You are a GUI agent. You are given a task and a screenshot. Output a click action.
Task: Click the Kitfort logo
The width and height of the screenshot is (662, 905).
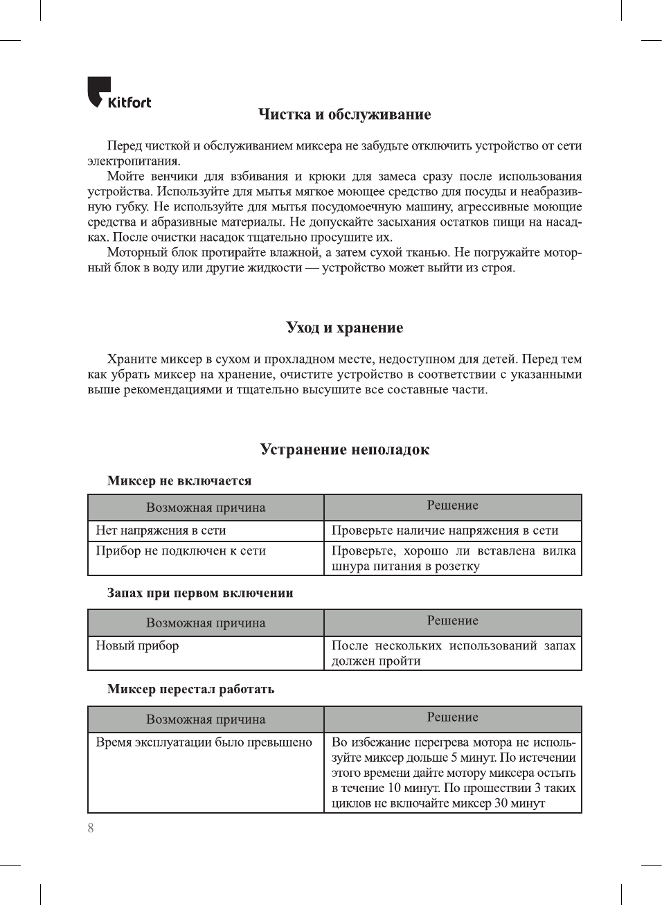point(118,93)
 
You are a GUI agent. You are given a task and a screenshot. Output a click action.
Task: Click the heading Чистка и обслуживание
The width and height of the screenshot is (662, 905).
point(344,114)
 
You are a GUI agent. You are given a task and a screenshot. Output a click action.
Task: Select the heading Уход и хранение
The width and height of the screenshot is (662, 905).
point(344,328)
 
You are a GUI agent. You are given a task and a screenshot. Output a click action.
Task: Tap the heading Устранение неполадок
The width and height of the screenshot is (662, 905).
point(344,449)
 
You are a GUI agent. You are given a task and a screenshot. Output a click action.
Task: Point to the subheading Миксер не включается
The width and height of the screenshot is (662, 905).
point(179,481)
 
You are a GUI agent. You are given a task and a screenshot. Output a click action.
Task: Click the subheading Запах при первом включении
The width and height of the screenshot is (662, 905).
point(200,593)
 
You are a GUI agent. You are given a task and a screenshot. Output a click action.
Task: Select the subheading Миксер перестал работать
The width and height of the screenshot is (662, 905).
point(190,689)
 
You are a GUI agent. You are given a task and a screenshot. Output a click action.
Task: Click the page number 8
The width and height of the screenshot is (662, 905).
point(91,828)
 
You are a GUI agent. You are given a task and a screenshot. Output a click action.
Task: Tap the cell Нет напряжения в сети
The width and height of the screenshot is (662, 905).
point(161,530)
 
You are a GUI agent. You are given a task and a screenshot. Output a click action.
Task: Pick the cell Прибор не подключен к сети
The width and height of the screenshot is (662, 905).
point(181,551)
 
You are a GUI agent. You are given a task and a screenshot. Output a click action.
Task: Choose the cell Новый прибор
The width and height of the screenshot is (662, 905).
point(137,645)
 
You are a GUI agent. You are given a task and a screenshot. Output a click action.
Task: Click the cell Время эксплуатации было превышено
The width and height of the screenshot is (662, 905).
point(204,742)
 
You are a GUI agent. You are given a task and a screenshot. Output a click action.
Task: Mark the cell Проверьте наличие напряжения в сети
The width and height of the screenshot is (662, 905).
point(445,530)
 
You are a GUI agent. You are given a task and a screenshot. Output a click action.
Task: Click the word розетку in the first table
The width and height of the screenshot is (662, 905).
point(457,566)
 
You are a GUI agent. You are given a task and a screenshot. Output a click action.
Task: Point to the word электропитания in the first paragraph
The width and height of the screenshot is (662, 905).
point(134,161)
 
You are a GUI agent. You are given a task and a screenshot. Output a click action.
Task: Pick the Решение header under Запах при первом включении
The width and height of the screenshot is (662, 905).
point(452,620)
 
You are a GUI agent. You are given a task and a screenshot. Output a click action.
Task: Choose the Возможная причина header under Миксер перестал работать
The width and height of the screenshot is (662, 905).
point(206,719)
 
